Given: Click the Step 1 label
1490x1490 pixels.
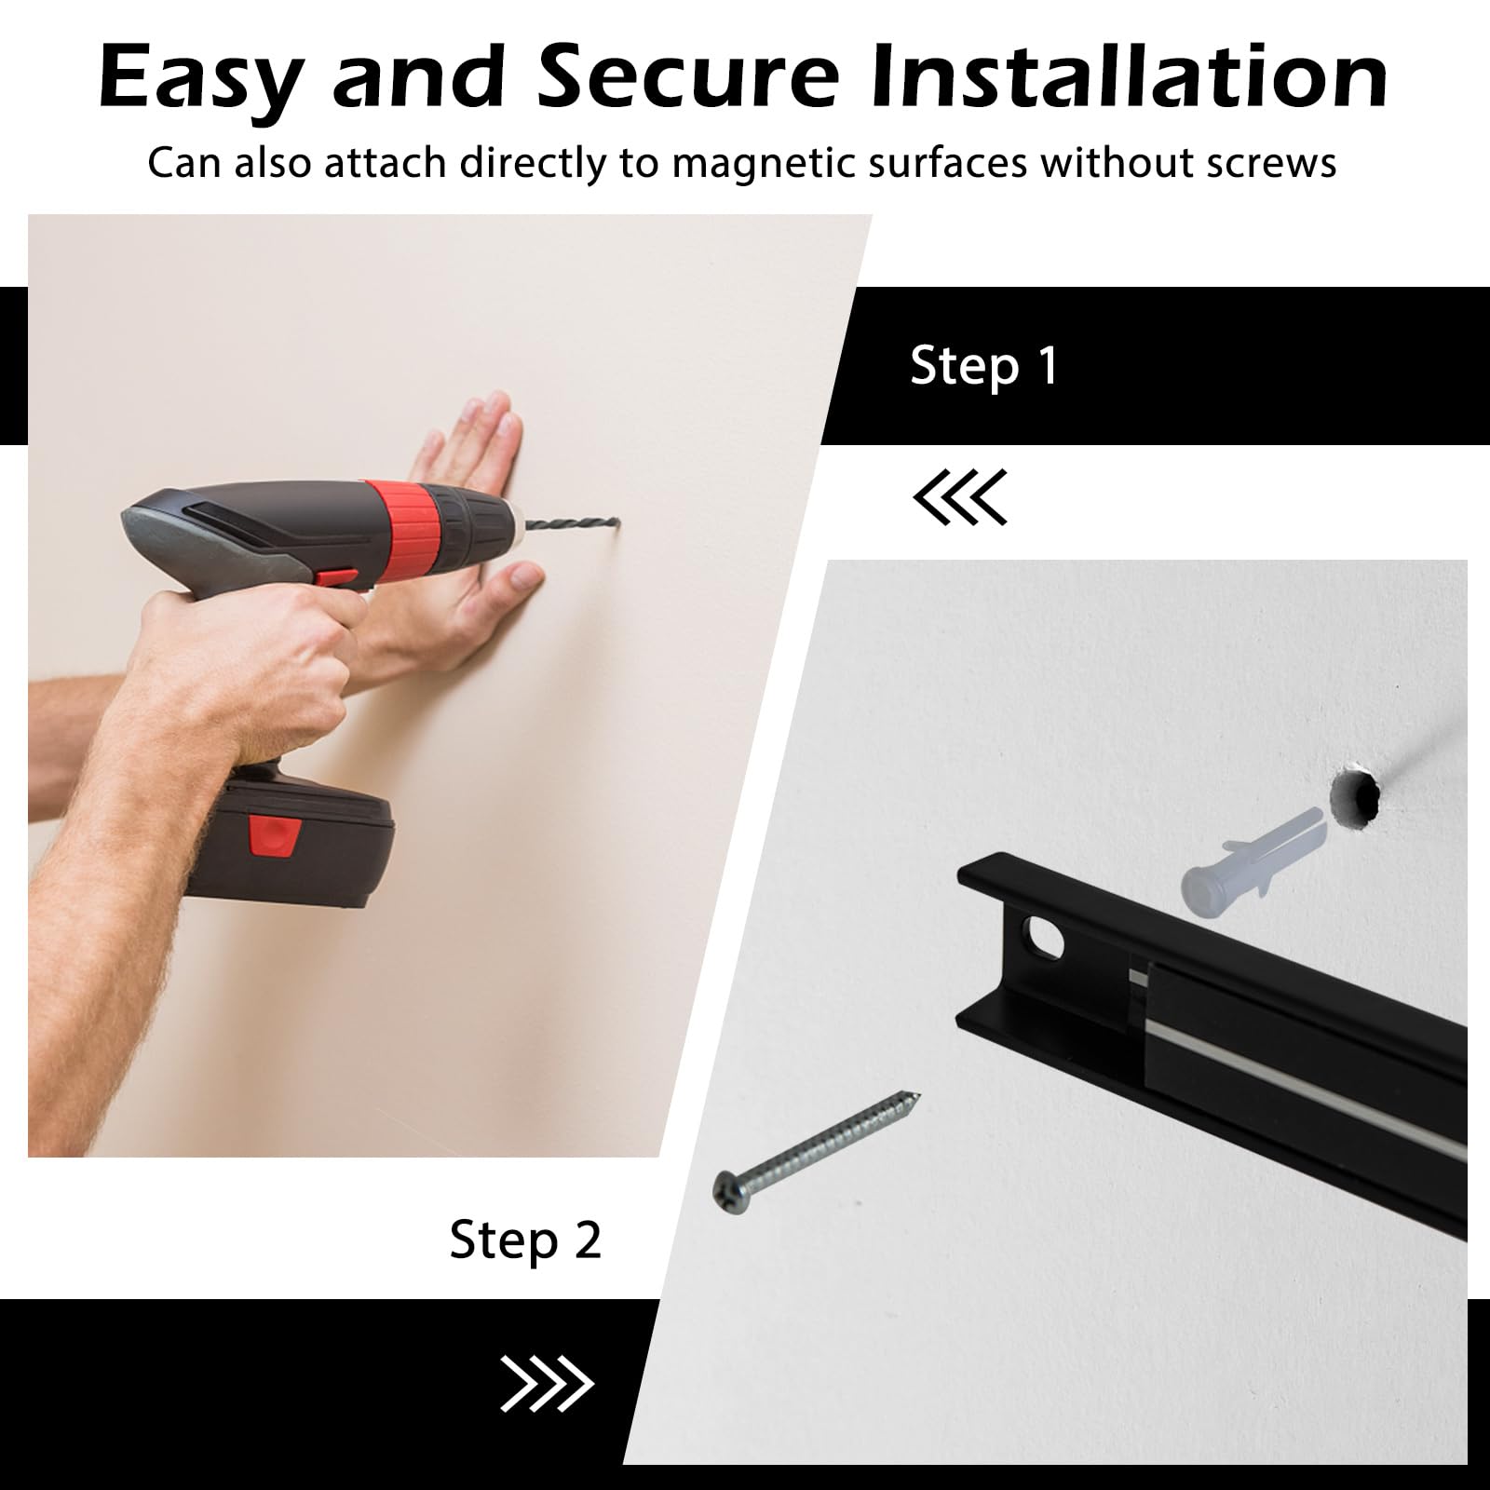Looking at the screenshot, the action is pyautogui.click(x=984, y=365).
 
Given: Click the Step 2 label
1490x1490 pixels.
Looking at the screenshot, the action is pyautogui.click(x=525, y=1240).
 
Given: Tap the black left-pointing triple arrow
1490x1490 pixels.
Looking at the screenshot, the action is pyautogui.click(x=960, y=496).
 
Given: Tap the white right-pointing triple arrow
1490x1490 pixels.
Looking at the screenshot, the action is pyautogui.click(x=547, y=1383).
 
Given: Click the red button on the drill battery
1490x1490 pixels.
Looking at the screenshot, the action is pyautogui.click(x=274, y=835).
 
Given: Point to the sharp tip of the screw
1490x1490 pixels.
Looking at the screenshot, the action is pyautogui.click(x=917, y=1094).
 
